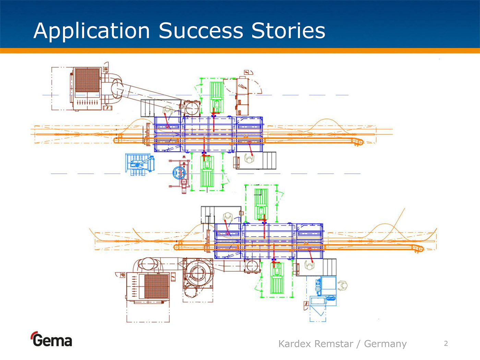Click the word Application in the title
92,31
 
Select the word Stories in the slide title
288,31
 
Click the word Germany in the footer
385,344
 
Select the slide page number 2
446,344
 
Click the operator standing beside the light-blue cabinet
343,285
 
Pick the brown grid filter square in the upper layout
87,80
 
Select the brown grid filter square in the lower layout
156,286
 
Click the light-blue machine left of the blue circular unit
140,164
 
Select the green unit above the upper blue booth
216,96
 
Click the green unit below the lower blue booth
277,278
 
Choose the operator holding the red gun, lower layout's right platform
310,265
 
